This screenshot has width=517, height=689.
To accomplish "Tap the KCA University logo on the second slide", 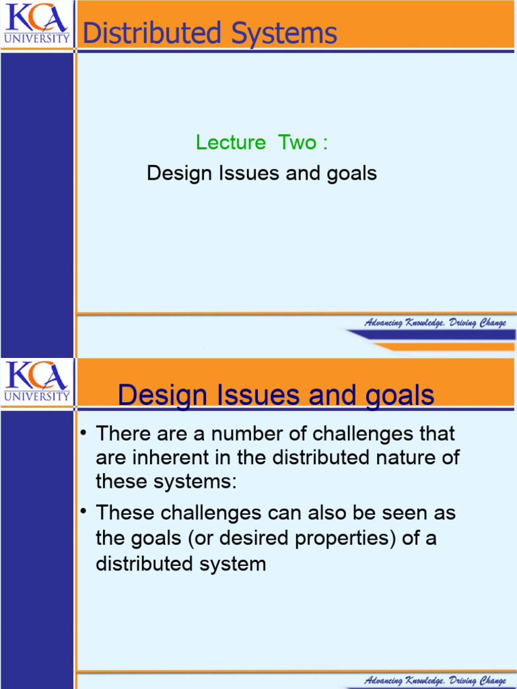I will pos(36,381).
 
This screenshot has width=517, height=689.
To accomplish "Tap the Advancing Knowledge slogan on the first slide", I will pos(435,323).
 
